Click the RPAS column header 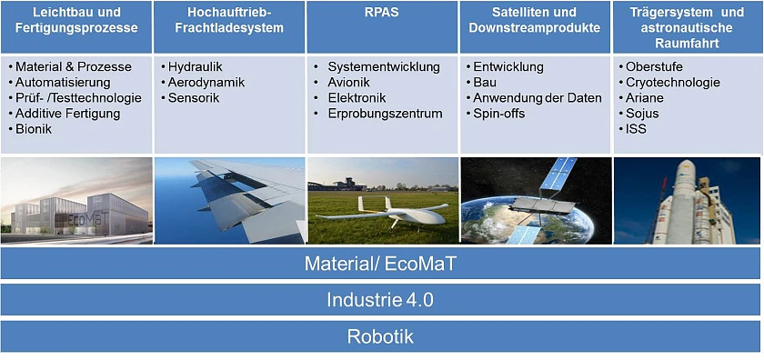pyautogui.click(x=381, y=13)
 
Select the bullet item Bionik pyautogui.click(x=34, y=129)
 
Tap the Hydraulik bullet pyautogui.click(x=195, y=67)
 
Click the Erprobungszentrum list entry pyautogui.click(x=385, y=114)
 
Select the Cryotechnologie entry pyautogui.click(x=672, y=83)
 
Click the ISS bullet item pyautogui.click(x=636, y=129)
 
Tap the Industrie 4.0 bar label pyautogui.click(x=381, y=299)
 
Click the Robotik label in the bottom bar pyautogui.click(x=380, y=336)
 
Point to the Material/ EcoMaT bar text pyautogui.click(x=381, y=264)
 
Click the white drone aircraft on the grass pyautogui.click(x=387, y=212)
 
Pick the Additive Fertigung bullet pyautogui.click(x=68, y=114)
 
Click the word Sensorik pyautogui.click(x=192, y=98)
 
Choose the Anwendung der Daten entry pyautogui.click(x=538, y=98)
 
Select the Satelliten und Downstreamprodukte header pyautogui.click(x=534, y=20)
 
